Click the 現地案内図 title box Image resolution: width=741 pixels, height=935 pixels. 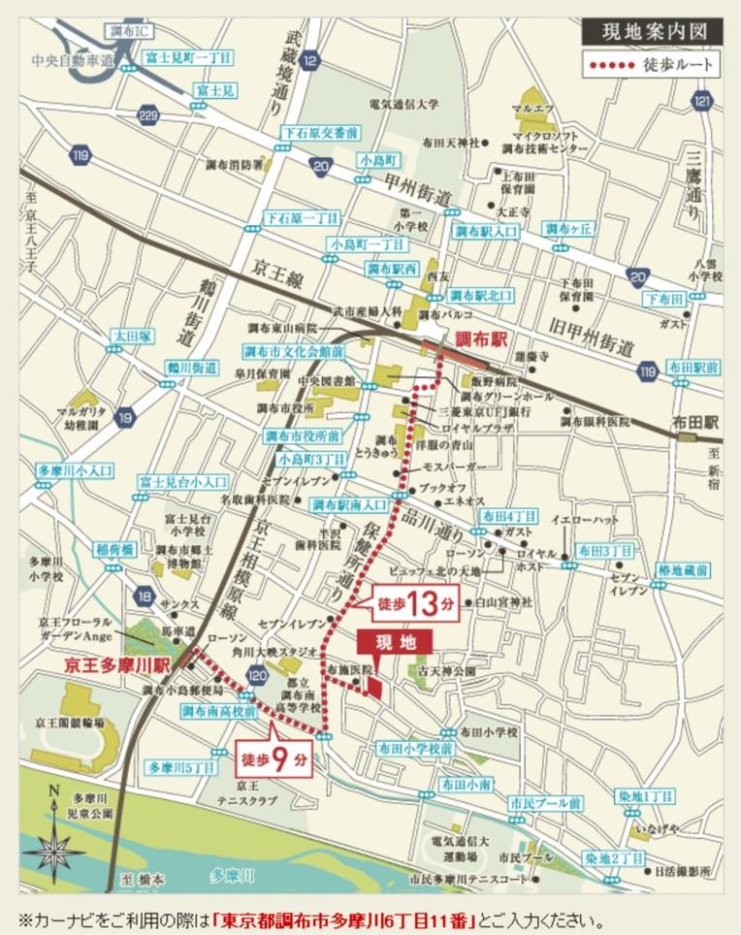652,31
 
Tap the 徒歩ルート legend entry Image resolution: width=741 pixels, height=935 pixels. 652,67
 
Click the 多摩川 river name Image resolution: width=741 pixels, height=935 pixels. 232,876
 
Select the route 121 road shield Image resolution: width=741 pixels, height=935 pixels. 702,102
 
